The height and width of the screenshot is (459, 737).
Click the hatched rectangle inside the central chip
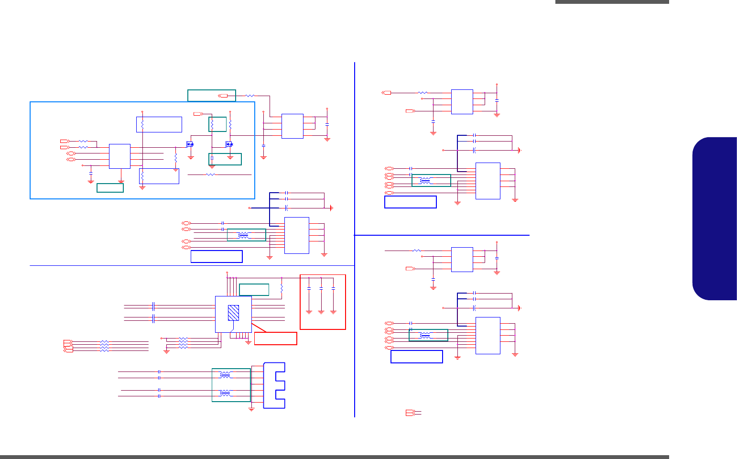click(x=233, y=313)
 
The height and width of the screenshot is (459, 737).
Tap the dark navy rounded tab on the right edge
click(x=715, y=219)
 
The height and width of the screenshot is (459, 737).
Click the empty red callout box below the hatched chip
click(x=275, y=339)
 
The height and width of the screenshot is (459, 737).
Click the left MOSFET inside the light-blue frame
click(x=190, y=144)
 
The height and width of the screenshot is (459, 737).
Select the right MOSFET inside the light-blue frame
click(x=229, y=144)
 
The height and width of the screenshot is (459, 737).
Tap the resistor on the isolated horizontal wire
click(x=210, y=175)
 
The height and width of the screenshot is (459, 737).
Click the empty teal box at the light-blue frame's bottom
click(x=110, y=188)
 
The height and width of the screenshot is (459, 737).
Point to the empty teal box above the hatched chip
click(x=254, y=290)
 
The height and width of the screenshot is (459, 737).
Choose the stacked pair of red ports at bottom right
click(x=410, y=413)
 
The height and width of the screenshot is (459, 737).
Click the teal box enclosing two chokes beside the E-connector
click(x=231, y=385)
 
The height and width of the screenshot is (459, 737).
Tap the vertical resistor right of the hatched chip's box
click(x=282, y=288)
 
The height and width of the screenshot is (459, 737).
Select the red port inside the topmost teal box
click(x=224, y=96)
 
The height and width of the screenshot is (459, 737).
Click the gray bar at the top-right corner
click(x=612, y=2)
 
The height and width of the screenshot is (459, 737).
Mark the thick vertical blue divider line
click(x=355, y=239)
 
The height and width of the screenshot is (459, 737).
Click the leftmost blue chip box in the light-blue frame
click(x=119, y=156)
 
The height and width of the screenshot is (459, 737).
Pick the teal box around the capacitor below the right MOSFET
click(x=225, y=159)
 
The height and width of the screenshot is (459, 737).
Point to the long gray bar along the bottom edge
click(x=335, y=457)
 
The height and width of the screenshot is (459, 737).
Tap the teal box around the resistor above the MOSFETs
click(x=217, y=124)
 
